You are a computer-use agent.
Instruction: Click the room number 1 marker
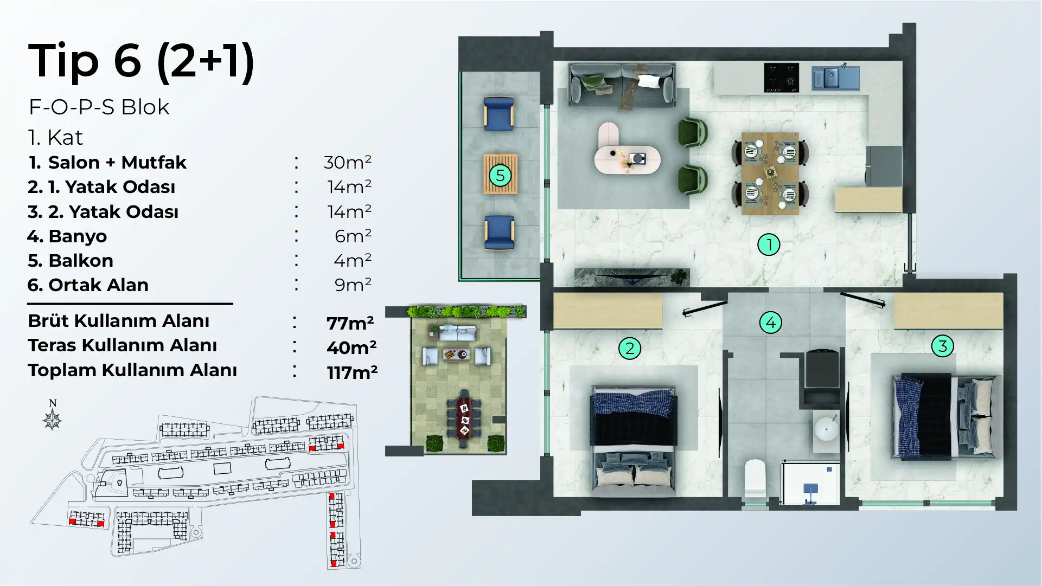click(x=769, y=244)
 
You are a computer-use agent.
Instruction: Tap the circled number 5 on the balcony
click(x=500, y=175)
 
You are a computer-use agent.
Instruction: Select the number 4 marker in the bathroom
click(x=771, y=323)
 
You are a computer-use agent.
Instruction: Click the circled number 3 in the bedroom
click(x=943, y=346)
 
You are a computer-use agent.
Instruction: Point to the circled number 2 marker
click(x=630, y=348)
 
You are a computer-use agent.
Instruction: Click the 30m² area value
click(x=348, y=162)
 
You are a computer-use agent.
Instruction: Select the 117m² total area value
click(x=352, y=372)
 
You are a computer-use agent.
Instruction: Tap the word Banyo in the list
click(x=78, y=236)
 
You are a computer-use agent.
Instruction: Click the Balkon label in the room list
click(x=81, y=261)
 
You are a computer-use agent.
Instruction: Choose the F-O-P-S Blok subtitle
click(x=99, y=107)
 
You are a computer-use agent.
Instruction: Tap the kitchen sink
click(x=835, y=77)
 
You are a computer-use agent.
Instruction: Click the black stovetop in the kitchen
click(x=781, y=78)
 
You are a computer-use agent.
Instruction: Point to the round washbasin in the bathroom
click(x=826, y=429)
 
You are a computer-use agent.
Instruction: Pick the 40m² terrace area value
click(x=351, y=347)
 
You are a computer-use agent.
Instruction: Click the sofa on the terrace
click(x=458, y=332)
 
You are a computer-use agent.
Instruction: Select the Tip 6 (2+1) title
click(x=141, y=61)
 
